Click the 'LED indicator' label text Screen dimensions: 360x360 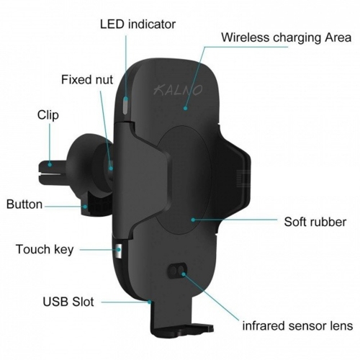138,24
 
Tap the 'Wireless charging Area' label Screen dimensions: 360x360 286,37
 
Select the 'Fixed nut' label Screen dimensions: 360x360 87,79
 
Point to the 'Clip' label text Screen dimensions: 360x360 48,115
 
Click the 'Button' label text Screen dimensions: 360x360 24,204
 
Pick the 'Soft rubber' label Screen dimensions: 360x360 315,222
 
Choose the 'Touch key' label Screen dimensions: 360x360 45,249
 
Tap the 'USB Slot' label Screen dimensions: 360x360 68,302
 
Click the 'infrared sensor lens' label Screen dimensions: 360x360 297,325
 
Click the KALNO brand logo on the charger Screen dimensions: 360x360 178,90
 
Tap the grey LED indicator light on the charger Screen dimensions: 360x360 126,105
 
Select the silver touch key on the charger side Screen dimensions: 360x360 119,251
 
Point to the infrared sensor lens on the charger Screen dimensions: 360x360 177,271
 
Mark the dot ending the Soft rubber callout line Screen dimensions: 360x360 193,220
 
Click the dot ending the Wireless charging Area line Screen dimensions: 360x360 185,108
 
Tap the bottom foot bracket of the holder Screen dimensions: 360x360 182,330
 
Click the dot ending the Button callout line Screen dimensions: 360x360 85,206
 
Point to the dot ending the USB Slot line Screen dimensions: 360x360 149,302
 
